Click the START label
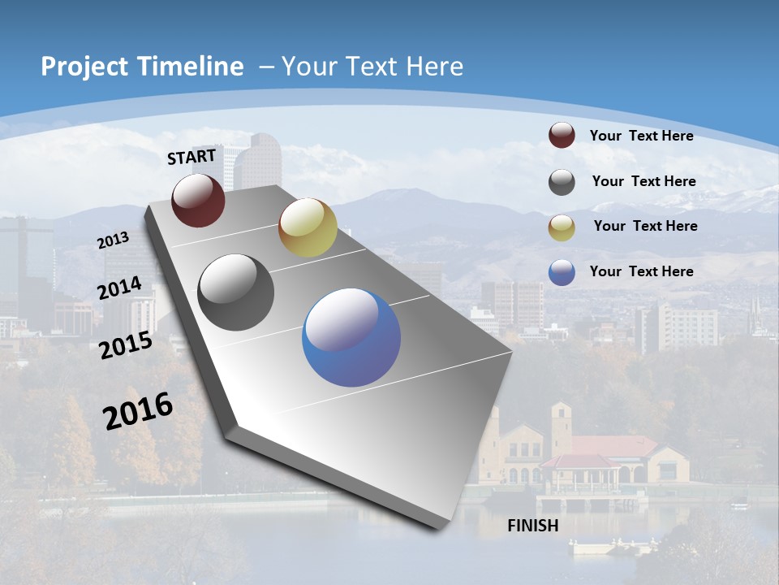[x=192, y=156]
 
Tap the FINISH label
[x=532, y=526]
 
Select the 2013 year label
[x=114, y=240]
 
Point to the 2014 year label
[x=120, y=288]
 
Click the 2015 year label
[x=126, y=345]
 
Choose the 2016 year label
[x=138, y=410]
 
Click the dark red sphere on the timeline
[x=198, y=200]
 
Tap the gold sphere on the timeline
[x=308, y=227]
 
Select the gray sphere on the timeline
[x=236, y=292]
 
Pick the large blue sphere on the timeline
[x=351, y=337]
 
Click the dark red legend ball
[x=562, y=136]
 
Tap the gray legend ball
[x=562, y=182]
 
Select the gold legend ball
[x=562, y=227]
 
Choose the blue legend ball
[x=562, y=272]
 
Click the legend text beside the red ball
[x=641, y=136]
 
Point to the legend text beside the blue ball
[x=641, y=271]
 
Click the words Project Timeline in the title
[x=142, y=67]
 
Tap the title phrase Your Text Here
[x=372, y=67]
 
